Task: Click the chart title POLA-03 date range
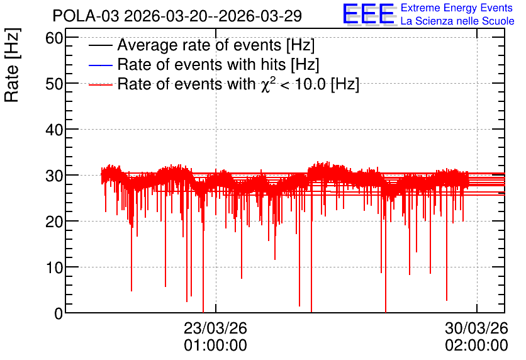pyautogui.click(x=177, y=16)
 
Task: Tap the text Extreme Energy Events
pyautogui.click(x=457, y=8)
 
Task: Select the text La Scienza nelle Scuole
pyautogui.click(x=457, y=21)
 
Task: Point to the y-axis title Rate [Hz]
pyautogui.click(x=12, y=65)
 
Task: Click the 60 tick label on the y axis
pyautogui.click(x=54, y=38)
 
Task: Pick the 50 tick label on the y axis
pyautogui.click(x=54, y=84)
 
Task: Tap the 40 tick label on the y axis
pyautogui.click(x=54, y=130)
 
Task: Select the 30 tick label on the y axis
pyautogui.click(x=54, y=176)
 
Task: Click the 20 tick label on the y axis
pyautogui.click(x=54, y=222)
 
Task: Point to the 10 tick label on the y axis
pyautogui.click(x=54, y=267)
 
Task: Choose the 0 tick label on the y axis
pyautogui.click(x=59, y=313)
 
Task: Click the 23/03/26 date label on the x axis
pyautogui.click(x=215, y=328)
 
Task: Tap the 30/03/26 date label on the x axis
pyautogui.click(x=477, y=328)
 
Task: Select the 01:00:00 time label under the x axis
pyautogui.click(x=215, y=346)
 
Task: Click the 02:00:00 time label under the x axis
pyautogui.click(x=477, y=346)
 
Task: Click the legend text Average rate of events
pyautogui.click(x=216, y=45)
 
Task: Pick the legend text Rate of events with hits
pyautogui.click(x=218, y=64)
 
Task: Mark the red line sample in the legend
pyautogui.click(x=100, y=85)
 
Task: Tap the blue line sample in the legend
pyautogui.click(x=100, y=65)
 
